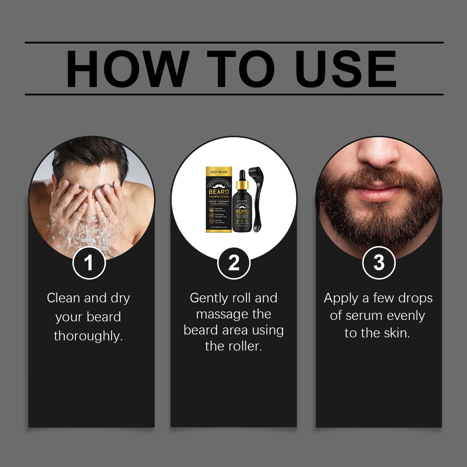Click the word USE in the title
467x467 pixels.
[345, 69]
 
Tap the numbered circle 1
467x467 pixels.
[89, 263]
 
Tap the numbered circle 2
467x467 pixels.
[234, 263]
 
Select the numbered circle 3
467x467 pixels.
[379, 263]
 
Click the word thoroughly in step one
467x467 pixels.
[88, 336]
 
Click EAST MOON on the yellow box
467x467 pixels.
[219, 172]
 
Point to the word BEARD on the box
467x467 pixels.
[219, 192]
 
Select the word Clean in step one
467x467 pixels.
[63, 298]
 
